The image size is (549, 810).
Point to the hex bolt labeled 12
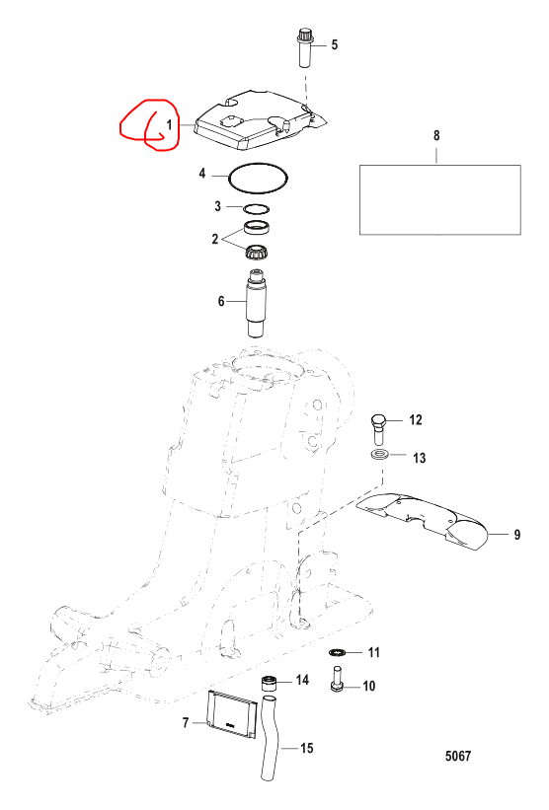click(x=378, y=428)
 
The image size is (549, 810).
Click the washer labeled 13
click(x=380, y=455)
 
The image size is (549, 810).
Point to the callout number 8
click(x=436, y=135)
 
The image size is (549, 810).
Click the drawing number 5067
click(x=458, y=756)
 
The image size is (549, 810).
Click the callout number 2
click(x=215, y=239)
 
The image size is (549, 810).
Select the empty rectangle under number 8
click(x=440, y=199)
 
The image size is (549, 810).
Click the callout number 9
click(x=517, y=534)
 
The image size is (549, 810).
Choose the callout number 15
click(x=306, y=748)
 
